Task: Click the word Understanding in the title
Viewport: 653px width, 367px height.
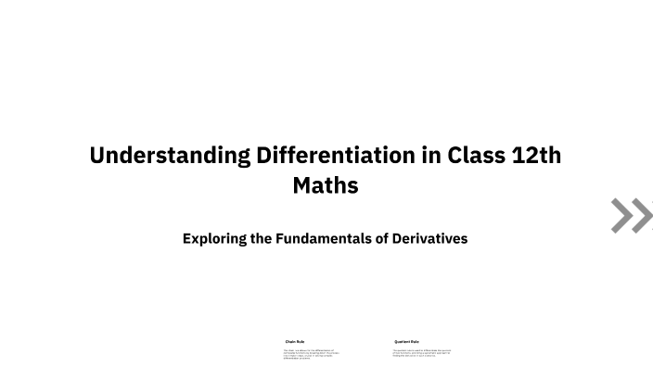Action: [168, 155]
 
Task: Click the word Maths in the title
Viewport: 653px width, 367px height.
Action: [326, 185]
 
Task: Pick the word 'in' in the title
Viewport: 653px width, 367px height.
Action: [430, 155]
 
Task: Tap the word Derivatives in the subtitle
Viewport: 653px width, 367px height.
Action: [428, 238]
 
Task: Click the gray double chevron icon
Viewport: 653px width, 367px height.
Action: [632, 215]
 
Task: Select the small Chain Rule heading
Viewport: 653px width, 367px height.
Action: [295, 341]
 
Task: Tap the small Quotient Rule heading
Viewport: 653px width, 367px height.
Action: [406, 341]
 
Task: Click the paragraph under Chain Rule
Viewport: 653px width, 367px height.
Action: [308, 353]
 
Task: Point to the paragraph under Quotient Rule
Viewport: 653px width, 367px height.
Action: [421, 352]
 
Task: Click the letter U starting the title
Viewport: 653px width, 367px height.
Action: [97, 155]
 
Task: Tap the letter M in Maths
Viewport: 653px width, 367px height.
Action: [301, 185]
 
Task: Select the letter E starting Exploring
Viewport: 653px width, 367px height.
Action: [187, 238]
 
